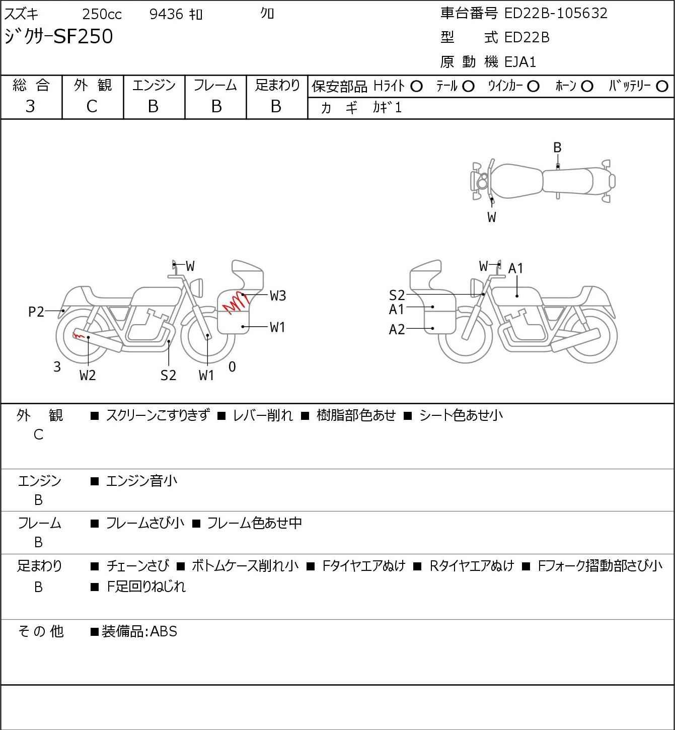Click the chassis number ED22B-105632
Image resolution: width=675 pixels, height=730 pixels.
click(x=556, y=13)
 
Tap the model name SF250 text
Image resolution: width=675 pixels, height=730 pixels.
click(x=84, y=36)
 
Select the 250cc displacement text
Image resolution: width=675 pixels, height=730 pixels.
click(x=102, y=14)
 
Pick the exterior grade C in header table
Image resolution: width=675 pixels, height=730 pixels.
click(x=92, y=107)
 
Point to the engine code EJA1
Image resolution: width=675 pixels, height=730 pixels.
click(x=520, y=62)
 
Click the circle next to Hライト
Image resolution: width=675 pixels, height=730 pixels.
click(x=416, y=87)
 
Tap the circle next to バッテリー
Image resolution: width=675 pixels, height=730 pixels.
click(x=662, y=87)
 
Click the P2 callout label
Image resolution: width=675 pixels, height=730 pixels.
click(x=36, y=312)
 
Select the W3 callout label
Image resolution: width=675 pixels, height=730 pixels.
click(x=277, y=296)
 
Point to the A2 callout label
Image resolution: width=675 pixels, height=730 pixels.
click(x=397, y=329)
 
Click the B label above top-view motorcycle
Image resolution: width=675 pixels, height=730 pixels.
click(x=557, y=148)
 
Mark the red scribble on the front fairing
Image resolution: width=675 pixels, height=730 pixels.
click(x=236, y=302)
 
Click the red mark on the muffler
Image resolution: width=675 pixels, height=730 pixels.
click(x=79, y=335)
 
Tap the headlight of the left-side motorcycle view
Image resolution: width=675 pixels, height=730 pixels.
click(x=198, y=288)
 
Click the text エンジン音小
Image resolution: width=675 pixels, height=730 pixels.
click(x=141, y=481)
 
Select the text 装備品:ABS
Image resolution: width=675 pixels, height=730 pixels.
click(x=139, y=631)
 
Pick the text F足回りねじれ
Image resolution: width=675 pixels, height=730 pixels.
click(x=146, y=587)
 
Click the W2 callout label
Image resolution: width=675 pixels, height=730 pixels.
click(x=88, y=375)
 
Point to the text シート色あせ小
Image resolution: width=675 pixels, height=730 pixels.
click(x=461, y=415)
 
